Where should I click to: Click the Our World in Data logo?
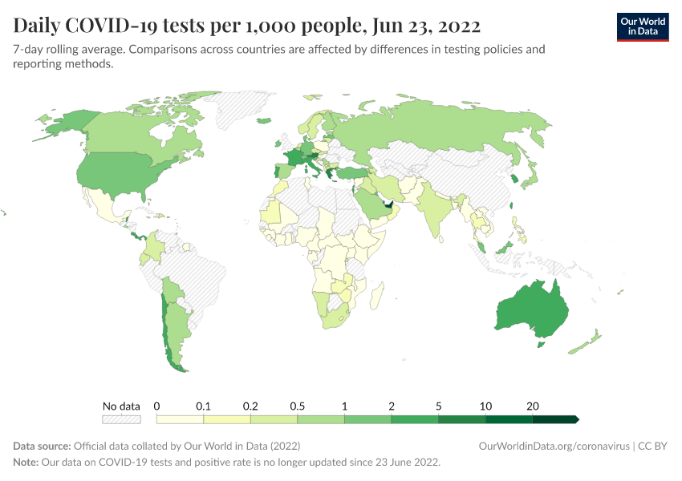coord(643,26)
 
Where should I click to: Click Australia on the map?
coord(532,313)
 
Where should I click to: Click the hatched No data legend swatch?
coord(120,418)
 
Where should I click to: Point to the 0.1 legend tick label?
coord(204,406)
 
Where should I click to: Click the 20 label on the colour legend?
coord(532,406)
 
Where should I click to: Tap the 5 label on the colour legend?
coord(438,406)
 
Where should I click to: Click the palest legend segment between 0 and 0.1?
coord(180,418)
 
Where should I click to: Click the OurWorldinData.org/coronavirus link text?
coord(553,446)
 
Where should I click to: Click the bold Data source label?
coord(41,446)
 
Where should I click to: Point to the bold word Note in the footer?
coord(26,463)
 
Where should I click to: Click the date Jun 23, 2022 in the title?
coord(425,26)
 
